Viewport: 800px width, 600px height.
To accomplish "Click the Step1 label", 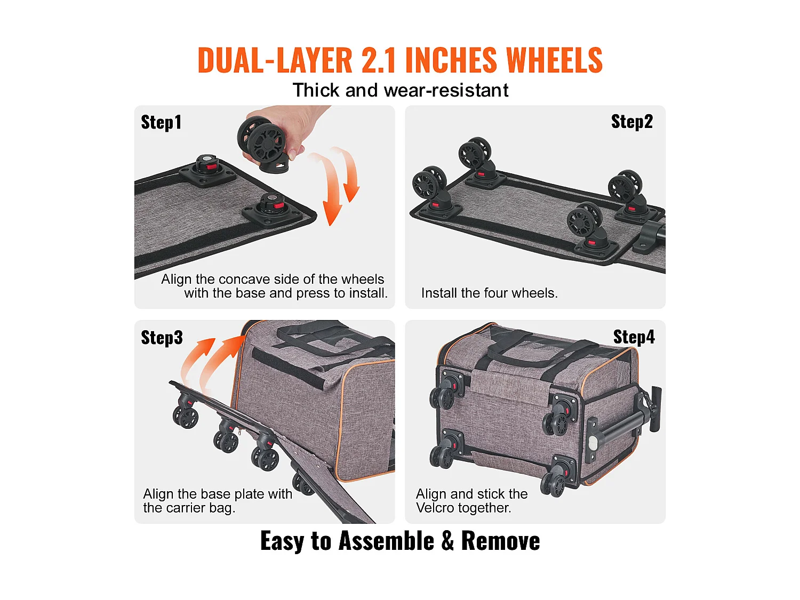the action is click(161, 123).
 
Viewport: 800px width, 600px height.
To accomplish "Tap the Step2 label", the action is click(631, 122).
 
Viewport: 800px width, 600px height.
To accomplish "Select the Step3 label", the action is click(162, 338).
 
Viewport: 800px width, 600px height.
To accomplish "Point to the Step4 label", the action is click(634, 337).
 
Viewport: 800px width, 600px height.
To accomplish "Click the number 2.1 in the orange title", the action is click(378, 60).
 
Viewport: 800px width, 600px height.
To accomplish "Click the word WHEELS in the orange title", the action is click(554, 60).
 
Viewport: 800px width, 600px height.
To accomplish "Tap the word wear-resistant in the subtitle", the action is click(446, 90).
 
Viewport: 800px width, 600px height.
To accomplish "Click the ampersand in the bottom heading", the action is click(447, 541).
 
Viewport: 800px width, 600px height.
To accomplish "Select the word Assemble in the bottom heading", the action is click(386, 541).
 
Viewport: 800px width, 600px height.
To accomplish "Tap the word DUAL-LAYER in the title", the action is click(275, 60).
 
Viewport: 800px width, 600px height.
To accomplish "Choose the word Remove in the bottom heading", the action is click(500, 541).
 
